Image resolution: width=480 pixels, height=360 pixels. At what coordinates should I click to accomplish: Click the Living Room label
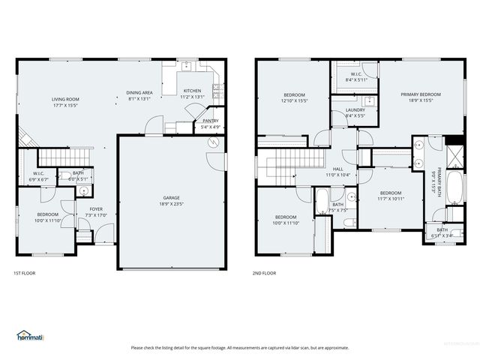65,103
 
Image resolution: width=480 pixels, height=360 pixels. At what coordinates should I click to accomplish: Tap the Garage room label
171,200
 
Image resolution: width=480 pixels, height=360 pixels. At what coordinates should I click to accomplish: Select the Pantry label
211,124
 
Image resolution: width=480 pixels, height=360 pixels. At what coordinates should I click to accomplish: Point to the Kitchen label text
193,94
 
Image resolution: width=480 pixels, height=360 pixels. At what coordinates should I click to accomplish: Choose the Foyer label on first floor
96,212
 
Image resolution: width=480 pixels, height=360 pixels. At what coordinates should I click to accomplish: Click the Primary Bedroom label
420,97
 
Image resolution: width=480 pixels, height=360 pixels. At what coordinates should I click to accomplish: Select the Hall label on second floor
338,172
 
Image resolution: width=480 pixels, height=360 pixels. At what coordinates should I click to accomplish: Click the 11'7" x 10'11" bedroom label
390,196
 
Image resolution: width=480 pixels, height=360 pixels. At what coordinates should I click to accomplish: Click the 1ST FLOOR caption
24,273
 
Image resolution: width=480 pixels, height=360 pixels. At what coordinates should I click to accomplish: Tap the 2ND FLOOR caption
264,273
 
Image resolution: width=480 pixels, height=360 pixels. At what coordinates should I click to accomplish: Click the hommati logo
30,335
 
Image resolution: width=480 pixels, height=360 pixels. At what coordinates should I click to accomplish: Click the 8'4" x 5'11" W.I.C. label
354,76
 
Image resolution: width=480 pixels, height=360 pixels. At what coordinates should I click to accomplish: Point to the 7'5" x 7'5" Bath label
337,207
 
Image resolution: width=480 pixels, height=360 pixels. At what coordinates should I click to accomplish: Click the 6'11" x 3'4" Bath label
442,232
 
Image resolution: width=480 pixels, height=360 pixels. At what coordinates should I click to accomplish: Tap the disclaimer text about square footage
240,347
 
